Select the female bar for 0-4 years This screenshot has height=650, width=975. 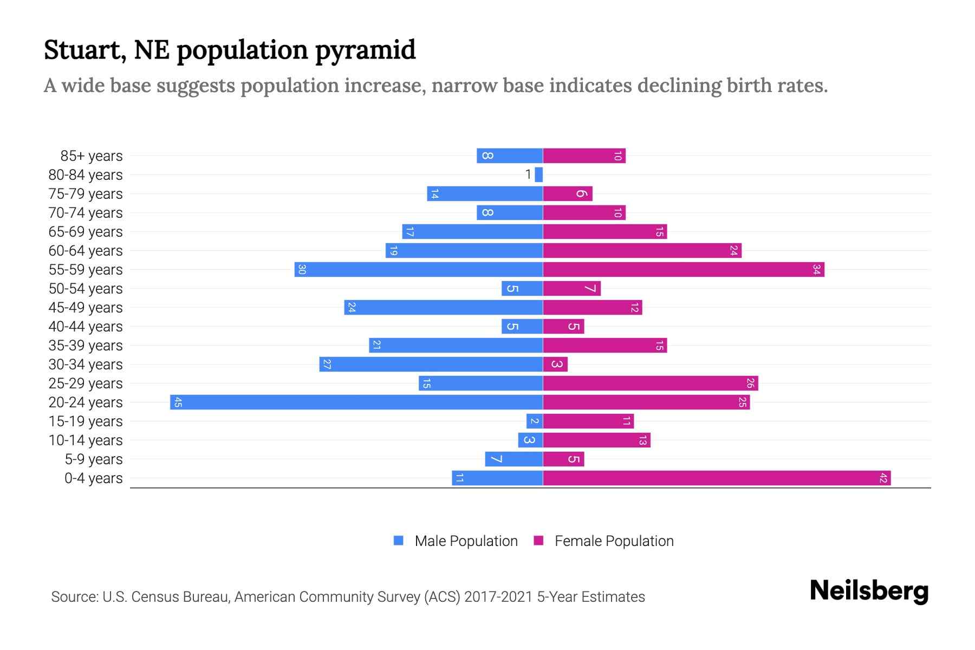(x=716, y=478)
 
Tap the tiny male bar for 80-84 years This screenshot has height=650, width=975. (x=538, y=174)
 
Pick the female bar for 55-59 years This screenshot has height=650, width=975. (x=683, y=269)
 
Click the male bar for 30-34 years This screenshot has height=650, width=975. (x=431, y=364)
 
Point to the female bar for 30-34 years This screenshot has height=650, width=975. (x=555, y=364)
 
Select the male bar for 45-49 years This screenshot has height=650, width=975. (x=443, y=307)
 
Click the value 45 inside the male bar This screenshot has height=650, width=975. (x=178, y=402)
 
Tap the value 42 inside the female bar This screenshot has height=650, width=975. (x=883, y=478)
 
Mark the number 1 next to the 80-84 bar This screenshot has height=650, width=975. (x=528, y=174)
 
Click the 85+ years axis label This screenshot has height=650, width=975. (x=91, y=156)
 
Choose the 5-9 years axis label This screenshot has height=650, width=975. (x=93, y=459)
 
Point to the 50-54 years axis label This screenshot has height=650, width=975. (x=86, y=289)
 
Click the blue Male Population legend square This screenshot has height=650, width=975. (x=399, y=541)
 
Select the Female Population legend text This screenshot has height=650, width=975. (x=614, y=541)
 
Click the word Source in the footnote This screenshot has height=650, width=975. (x=74, y=597)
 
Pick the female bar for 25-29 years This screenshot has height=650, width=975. (x=650, y=383)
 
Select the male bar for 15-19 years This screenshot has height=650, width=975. (x=534, y=421)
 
